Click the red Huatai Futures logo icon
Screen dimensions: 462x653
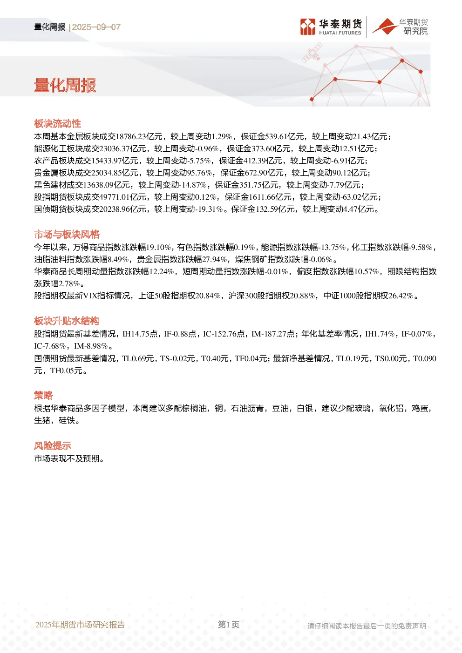[x=308, y=27]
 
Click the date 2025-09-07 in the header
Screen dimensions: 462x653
[x=96, y=27]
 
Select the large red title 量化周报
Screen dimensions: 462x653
[x=65, y=86]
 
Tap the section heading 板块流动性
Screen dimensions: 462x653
[x=57, y=123]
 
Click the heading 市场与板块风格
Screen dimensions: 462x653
[x=67, y=234]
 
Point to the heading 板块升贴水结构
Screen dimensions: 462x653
[x=67, y=321]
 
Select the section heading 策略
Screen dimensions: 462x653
[x=43, y=395]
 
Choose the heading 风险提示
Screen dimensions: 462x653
[x=53, y=445]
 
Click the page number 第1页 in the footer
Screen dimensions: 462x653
[x=229, y=625]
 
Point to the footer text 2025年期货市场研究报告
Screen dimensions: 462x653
[x=80, y=625]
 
